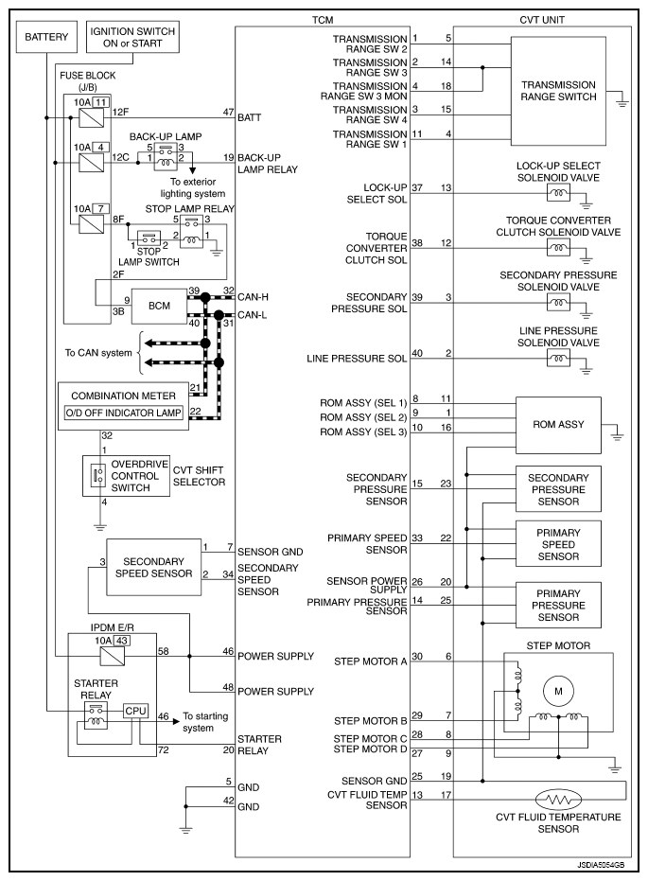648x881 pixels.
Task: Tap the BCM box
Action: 159,307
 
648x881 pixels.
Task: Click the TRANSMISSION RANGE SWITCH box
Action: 558,91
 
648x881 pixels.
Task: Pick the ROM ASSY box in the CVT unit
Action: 558,425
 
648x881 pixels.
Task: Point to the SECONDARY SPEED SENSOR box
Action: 154,568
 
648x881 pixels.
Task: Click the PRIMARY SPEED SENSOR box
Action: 558,544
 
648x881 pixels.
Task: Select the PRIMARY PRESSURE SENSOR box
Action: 558,605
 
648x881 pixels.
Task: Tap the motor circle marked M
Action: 558,691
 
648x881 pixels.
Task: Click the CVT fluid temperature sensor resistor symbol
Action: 558,799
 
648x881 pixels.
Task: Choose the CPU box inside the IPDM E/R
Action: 136,711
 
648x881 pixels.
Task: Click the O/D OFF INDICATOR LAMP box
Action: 124,413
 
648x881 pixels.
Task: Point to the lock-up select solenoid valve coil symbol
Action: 558,193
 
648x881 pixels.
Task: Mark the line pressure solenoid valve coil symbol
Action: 558,358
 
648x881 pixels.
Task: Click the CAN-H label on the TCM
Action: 253,297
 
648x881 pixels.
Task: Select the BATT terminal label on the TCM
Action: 250,117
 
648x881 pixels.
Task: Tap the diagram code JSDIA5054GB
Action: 601,866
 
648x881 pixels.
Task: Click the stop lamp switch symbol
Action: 149,238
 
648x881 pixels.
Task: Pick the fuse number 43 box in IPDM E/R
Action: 122,641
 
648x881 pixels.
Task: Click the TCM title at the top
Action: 323,20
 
